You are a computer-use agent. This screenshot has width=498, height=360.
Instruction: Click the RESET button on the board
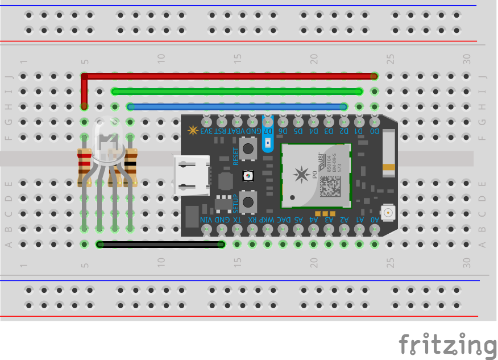click(248, 150)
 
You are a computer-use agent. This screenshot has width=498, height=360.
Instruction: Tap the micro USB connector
click(190, 177)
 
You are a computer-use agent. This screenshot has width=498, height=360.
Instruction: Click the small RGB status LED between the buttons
click(248, 176)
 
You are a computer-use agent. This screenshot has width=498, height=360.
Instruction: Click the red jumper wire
click(227, 76)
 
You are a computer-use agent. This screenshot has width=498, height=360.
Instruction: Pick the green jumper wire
click(236, 91)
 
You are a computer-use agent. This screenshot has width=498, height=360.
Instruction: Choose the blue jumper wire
click(236, 106)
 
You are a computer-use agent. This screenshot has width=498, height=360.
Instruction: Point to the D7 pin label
click(269, 131)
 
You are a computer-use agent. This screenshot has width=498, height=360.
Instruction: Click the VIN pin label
click(206, 220)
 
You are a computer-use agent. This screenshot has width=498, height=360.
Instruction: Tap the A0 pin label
click(375, 220)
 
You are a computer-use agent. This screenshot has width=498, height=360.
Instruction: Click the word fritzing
click(447, 344)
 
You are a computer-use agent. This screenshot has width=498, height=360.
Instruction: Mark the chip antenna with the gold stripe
click(389, 151)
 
